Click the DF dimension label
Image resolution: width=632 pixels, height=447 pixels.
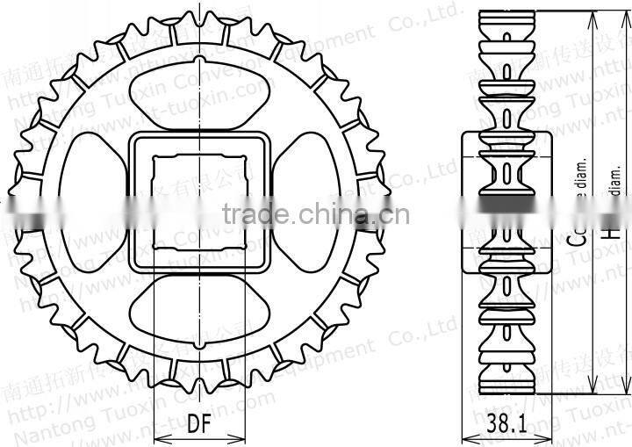pos(198,424)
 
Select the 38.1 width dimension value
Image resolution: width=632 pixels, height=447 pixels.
pos(506,425)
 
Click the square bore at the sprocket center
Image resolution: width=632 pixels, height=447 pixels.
pos(197,202)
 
